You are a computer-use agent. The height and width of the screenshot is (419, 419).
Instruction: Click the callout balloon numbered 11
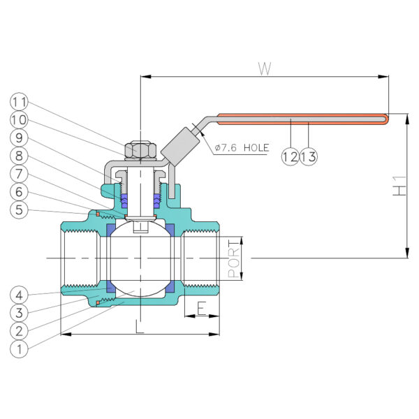pos(19,101)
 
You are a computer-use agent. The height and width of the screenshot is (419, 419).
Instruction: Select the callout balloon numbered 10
pos(19,119)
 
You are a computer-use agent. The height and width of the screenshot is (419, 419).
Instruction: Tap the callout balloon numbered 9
pos(19,138)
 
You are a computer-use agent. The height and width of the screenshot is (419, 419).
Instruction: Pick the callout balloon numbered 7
pos(19,174)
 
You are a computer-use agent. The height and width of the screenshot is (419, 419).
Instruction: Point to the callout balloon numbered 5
pos(19,209)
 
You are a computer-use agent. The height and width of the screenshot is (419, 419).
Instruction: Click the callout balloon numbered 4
pos(19,295)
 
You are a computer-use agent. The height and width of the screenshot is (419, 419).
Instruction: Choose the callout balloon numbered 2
pos(19,331)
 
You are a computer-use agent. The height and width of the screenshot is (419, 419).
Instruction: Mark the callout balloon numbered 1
pos(19,348)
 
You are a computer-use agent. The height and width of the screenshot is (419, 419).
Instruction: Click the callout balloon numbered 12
pos(291,156)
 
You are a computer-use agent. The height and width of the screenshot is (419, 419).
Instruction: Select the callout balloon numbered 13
pos(309,156)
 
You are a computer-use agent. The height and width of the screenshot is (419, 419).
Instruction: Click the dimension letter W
pos(265,68)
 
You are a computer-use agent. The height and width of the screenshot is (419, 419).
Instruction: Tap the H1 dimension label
pos(399,186)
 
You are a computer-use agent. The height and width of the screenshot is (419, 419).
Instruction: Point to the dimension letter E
pos(202,308)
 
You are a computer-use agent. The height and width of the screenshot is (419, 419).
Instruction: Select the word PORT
pos(233,258)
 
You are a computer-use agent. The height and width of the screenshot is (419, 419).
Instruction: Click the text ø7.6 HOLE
pos(242,147)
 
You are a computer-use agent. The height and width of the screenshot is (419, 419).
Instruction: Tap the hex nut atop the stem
pos(140,150)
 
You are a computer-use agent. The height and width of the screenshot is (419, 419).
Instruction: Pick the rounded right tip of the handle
pos(387,119)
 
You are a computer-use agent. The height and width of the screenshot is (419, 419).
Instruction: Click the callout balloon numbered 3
pos(19,313)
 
